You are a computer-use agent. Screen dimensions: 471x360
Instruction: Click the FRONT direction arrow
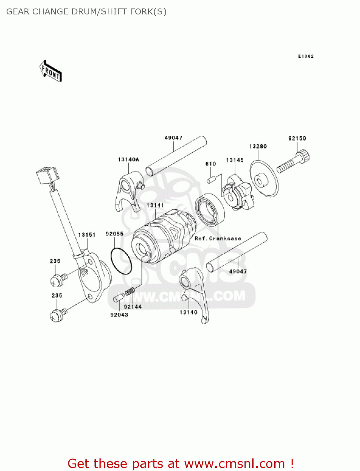click(x=51, y=71)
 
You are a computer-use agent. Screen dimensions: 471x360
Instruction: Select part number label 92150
click(x=297, y=138)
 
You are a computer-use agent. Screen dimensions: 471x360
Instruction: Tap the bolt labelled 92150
click(x=294, y=162)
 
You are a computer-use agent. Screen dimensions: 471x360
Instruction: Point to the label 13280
click(x=258, y=146)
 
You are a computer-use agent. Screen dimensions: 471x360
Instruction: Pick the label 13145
click(x=235, y=160)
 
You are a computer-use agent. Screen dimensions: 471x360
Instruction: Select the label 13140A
click(x=128, y=160)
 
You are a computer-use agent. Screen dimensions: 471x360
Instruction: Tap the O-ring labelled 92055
click(x=121, y=261)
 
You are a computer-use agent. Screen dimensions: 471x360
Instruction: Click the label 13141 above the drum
click(x=155, y=205)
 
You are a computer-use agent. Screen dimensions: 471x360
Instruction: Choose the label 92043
click(x=119, y=315)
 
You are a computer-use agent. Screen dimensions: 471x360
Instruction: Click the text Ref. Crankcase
click(x=218, y=238)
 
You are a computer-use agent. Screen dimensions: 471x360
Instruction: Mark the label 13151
click(x=87, y=235)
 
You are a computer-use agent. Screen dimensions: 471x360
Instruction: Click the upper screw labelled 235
click(x=58, y=279)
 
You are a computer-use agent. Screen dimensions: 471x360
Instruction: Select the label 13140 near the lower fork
click(x=188, y=312)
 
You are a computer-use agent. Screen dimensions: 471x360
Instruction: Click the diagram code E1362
click(x=306, y=56)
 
